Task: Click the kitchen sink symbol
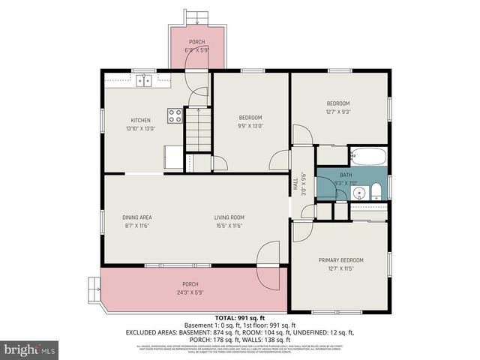click(143, 79)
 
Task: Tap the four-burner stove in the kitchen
click(174, 115)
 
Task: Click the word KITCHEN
click(141, 120)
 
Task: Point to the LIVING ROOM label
click(229, 217)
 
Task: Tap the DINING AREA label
click(137, 217)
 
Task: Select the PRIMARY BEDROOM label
click(340, 259)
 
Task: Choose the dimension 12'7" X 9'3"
click(337, 112)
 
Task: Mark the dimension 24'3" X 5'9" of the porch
click(190, 292)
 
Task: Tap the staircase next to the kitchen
click(199, 128)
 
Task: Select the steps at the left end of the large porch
click(94, 285)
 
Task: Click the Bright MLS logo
click(30, 349)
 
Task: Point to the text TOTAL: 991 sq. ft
click(240, 318)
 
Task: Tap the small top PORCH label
click(196, 42)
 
